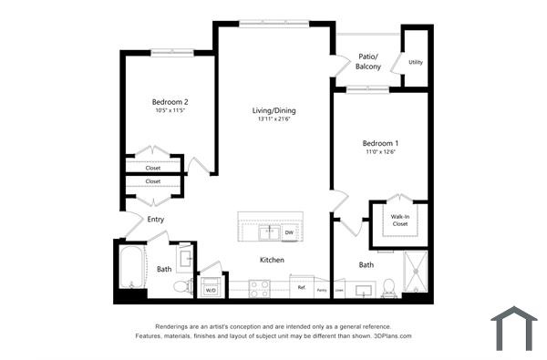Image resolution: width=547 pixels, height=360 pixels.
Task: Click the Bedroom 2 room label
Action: pos(170,101)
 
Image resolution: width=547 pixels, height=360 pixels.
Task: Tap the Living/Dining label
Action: pos(274,111)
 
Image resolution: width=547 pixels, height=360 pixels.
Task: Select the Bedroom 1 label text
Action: pos(379,143)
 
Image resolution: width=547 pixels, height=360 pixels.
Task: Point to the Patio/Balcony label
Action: pos(368,61)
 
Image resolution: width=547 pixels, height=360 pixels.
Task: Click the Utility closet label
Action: pos(416,62)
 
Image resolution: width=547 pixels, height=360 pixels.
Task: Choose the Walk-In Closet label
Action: pos(399,219)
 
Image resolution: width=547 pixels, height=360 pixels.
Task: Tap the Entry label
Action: pos(156,219)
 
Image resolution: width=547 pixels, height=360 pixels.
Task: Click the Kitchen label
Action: pos(273,260)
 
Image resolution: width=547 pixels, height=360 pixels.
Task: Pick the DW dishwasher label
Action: pos(289,232)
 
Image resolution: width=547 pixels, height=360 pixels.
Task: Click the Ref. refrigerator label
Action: pos(302,287)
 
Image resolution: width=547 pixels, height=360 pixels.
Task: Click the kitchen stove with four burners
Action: pos(260,288)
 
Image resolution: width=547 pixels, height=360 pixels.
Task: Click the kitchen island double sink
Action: pos(269,232)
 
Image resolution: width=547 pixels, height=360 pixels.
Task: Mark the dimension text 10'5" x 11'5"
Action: pos(170,110)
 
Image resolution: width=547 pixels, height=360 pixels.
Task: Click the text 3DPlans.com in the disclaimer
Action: pos(393,335)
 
